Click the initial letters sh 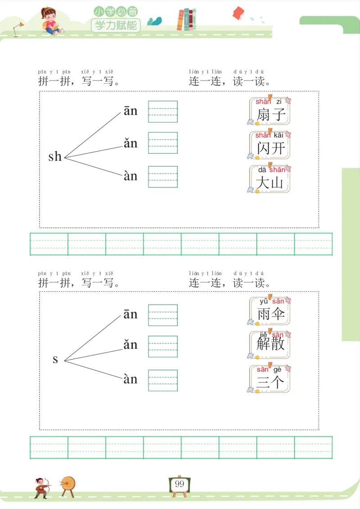(x=55, y=156)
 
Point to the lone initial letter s (x=55, y=359)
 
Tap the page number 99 (x=180, y=484)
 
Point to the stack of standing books (x=186, y=19)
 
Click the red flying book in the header (x=238, y=13)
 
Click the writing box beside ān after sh (x=163, y=112)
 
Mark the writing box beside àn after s (x=163, y=380)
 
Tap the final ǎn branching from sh (x=130, y=143)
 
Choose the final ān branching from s (x=130, y=314)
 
